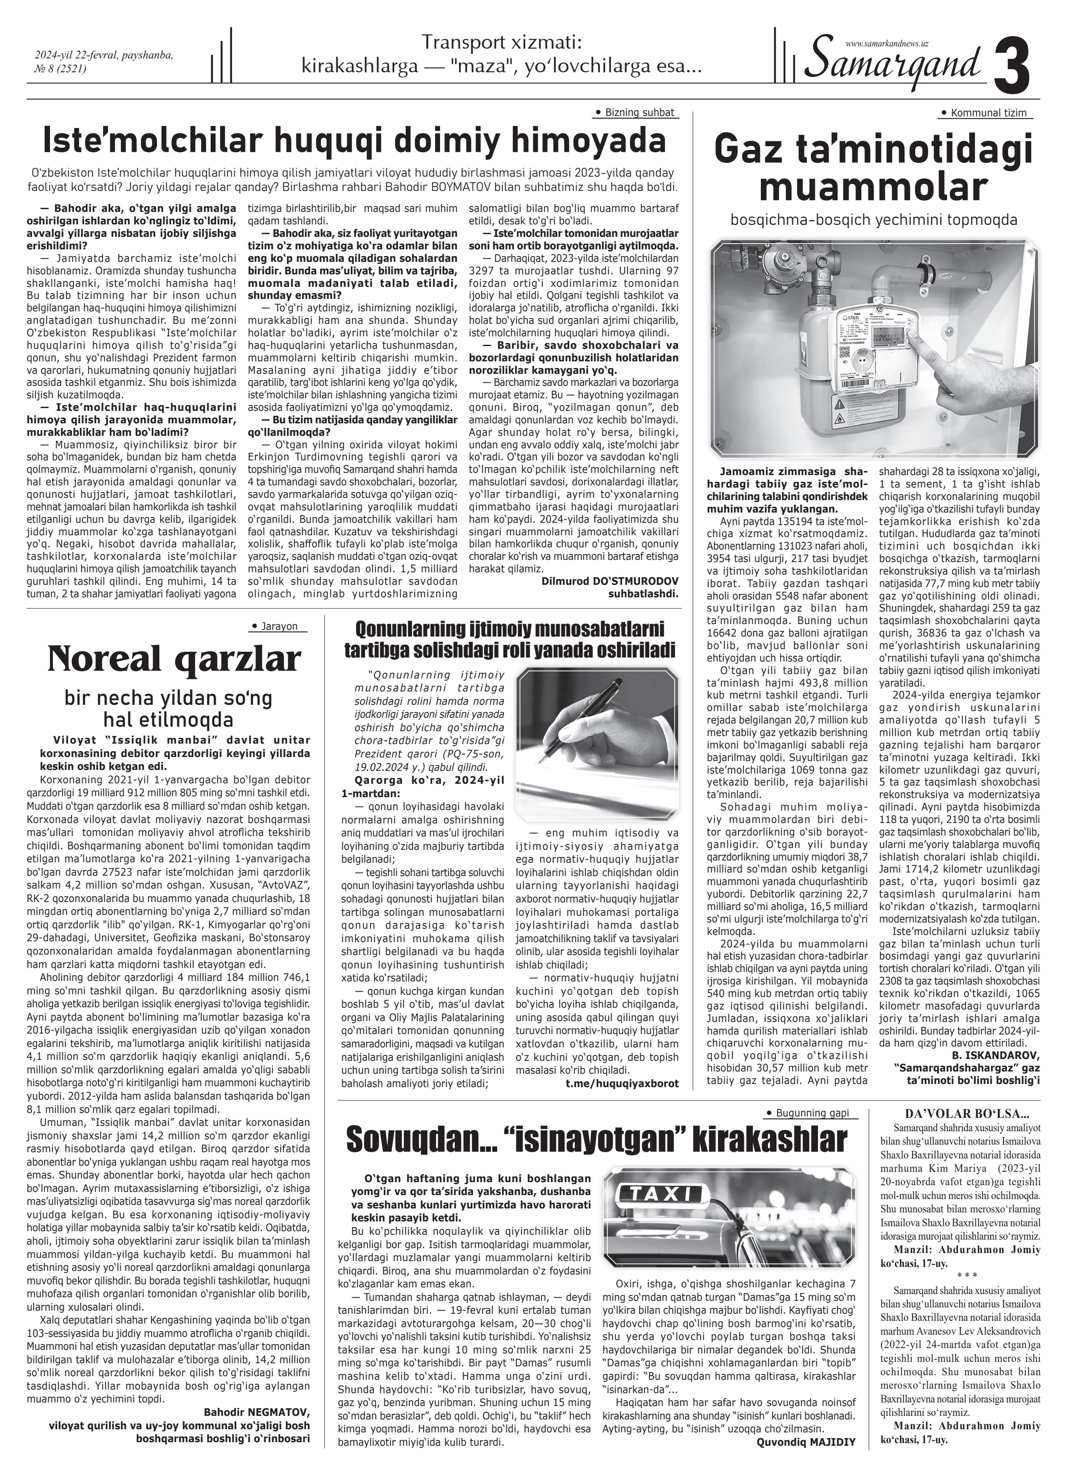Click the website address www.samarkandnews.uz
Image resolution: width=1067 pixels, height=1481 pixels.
point(887,43)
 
